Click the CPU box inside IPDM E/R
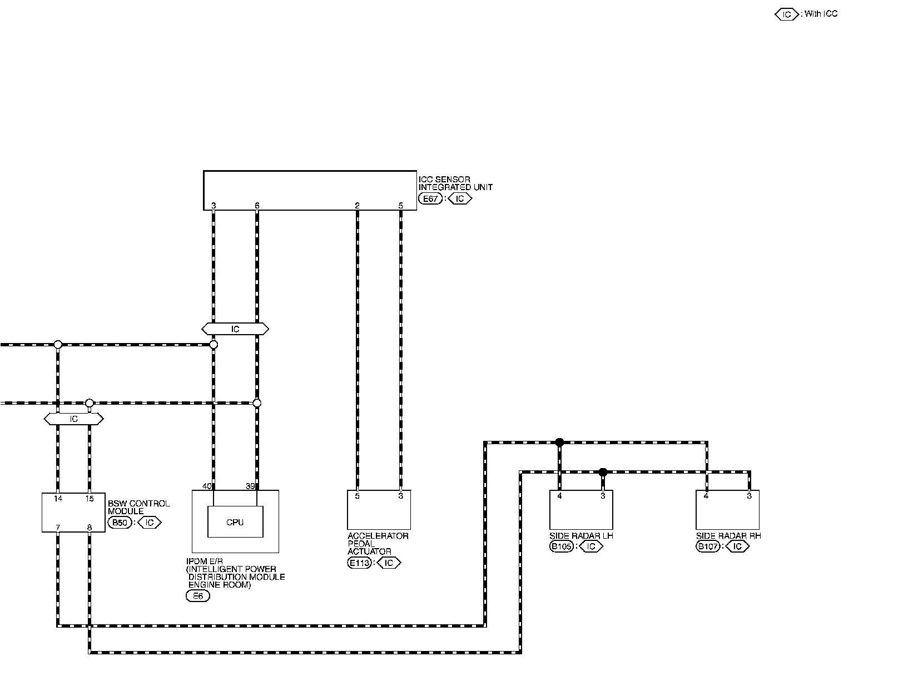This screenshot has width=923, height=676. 235,522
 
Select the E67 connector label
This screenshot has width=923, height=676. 430,198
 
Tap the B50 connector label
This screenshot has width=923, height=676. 120,523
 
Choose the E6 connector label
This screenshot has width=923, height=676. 197,597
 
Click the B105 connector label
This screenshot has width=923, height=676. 562,546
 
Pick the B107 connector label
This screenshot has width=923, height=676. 708,546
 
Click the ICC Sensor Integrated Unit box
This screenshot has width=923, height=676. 310,190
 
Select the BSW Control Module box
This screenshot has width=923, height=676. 73,512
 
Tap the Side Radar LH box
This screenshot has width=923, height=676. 581,510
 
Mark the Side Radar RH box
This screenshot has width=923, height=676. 727,510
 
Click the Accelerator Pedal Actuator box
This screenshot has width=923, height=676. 379,510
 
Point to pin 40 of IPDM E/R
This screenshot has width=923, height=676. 207,486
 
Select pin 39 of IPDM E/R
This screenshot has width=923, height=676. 250,486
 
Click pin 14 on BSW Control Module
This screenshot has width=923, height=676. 58,499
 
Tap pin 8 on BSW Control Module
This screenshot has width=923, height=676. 89,527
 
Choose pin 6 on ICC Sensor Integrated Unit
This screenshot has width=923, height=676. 257,206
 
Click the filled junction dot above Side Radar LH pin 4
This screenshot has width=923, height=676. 559,443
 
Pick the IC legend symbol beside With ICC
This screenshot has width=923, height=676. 786,14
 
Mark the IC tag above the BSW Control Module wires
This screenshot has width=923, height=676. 73,419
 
